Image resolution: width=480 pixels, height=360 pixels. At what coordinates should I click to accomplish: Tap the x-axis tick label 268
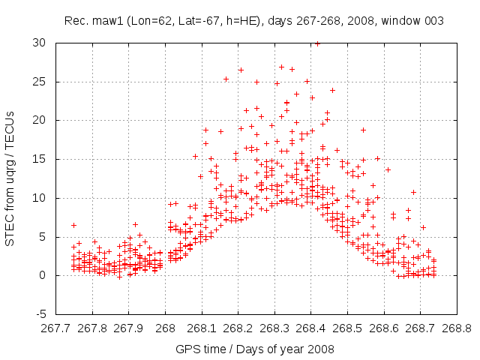166,328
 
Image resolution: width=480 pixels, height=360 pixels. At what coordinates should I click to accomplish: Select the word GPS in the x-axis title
187,349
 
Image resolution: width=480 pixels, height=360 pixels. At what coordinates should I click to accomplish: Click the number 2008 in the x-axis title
320,349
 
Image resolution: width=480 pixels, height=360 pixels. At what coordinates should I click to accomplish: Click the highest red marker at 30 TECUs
317,43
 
